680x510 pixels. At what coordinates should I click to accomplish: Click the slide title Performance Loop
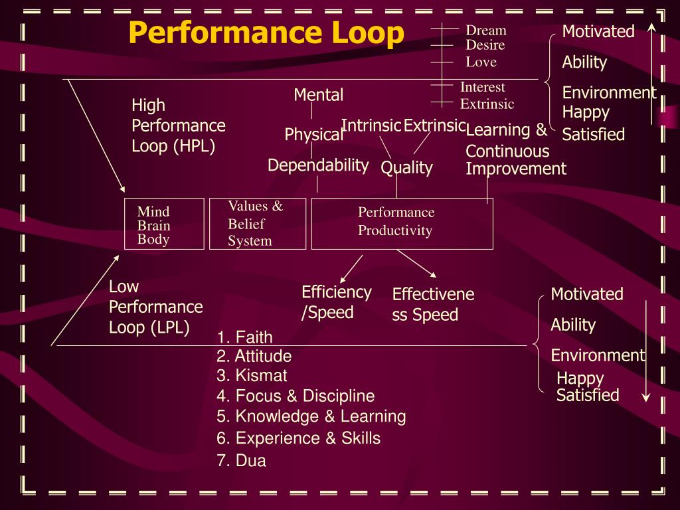266,33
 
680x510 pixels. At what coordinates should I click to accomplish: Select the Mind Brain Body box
164,224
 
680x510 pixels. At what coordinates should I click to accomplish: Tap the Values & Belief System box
257,224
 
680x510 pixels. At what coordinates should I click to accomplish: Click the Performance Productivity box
402,224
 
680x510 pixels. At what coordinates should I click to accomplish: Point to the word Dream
485,31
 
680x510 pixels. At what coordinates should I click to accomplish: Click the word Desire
485,45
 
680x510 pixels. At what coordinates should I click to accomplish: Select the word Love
481,62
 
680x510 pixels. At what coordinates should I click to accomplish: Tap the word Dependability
318,165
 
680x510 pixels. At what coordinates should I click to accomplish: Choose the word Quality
406,168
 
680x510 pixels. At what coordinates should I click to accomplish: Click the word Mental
319,95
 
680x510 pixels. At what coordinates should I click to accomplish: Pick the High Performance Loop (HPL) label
178,126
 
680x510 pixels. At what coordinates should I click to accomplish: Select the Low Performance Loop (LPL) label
155,307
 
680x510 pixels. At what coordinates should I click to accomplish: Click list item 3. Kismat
252,376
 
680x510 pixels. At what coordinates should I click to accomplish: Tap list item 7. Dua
241,461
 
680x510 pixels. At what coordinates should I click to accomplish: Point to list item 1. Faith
244,337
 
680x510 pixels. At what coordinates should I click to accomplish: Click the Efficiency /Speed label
336,302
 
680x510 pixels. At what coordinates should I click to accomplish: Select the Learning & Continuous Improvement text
515,149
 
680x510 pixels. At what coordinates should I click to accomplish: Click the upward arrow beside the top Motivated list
652,73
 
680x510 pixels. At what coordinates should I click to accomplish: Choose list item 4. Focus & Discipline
296,396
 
